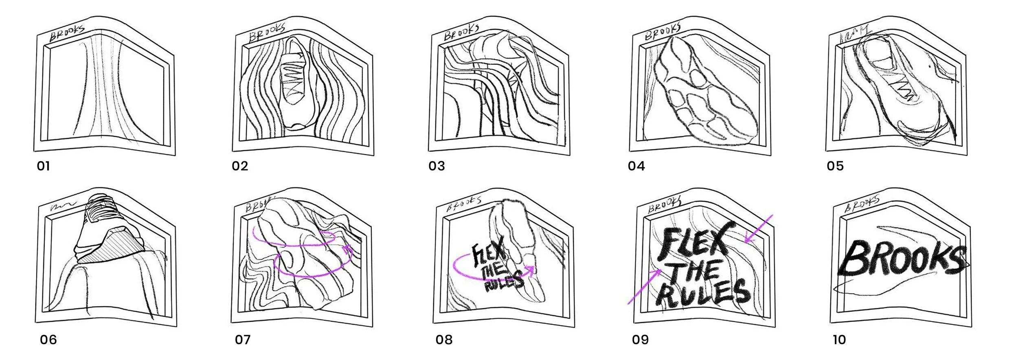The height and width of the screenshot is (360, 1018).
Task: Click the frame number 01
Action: [43, 166]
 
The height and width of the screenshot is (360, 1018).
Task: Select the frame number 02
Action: [240, 166]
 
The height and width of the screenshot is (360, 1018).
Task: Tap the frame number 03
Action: [437, 166]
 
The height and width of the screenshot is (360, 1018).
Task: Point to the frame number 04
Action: [636, 166]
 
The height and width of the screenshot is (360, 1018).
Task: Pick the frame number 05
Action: [835, 166]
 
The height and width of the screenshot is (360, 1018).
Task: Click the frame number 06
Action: [48, 340]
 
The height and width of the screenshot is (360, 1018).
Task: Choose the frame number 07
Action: [243, 340]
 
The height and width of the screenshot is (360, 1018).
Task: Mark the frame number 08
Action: [444, 340]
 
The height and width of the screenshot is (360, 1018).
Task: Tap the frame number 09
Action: [640, 340]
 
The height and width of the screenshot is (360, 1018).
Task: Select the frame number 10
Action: [839, 340]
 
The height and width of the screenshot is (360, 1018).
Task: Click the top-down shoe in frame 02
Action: [294, 83]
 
